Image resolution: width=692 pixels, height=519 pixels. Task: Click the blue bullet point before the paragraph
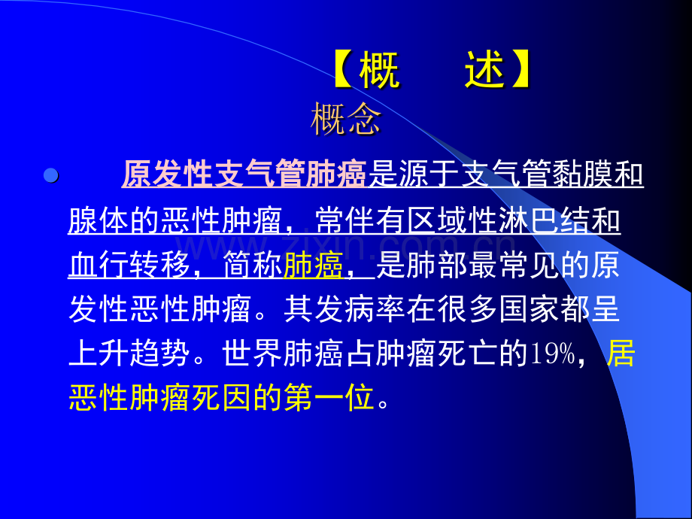pos(51,177)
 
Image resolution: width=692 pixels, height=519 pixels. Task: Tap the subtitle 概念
pos(346,120)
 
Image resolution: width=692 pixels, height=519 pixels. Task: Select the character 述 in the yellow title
pos(484,73)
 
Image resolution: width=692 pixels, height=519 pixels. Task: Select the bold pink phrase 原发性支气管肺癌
pos(244,175)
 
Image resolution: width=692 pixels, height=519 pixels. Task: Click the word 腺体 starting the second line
pos(98,221)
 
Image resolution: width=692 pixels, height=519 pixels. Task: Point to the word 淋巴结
pos(560,221)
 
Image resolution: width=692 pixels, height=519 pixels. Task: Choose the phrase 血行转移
pos(129,266)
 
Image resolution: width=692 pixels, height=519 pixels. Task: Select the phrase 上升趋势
pos(129,354)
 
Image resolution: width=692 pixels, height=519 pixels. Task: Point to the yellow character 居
pos(621,354)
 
